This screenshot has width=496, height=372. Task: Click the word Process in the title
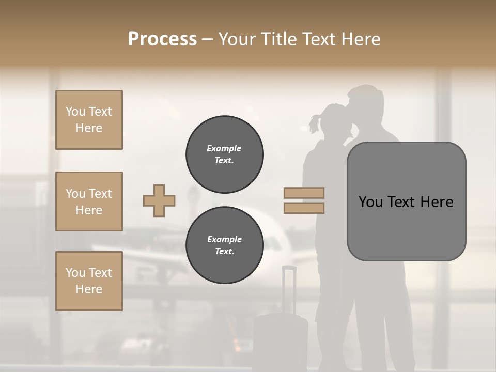(x=162, y=39)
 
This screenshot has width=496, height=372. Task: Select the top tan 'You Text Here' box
(x=89, y=120)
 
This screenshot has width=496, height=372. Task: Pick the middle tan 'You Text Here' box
(x=89, y=202)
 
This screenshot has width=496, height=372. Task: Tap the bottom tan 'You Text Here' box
(x=89, y=281)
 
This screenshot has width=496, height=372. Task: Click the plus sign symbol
(x=159, y=200)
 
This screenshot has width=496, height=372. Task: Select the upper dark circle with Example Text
(x=225, y=154)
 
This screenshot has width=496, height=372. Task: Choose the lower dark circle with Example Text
(x=225, y=245)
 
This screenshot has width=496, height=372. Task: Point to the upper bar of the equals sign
(x=304, y=193)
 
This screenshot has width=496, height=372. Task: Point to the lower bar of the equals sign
(x=304, y=208)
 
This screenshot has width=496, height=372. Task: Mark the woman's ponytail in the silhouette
(x=315, y=123)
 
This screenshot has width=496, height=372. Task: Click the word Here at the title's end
(x=361, y=39)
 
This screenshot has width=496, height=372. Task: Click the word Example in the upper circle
(x=224, y=148)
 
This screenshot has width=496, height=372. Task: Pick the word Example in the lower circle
(x=224, y=239)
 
